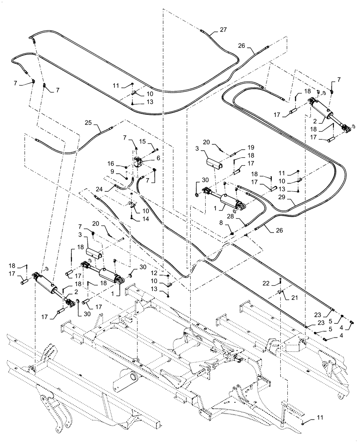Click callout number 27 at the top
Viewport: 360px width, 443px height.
(223, 30)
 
